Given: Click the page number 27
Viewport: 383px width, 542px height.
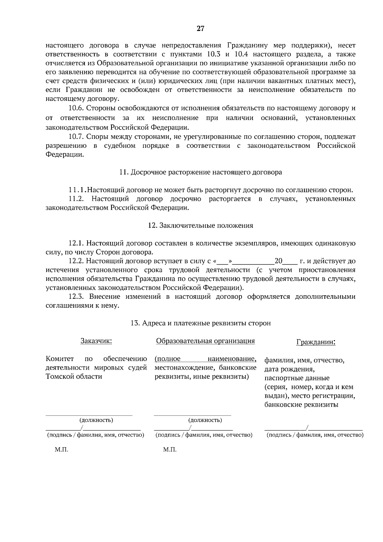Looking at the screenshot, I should click(x=200, y=29).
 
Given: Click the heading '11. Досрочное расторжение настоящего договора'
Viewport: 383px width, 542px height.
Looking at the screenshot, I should click(x=200, y=172).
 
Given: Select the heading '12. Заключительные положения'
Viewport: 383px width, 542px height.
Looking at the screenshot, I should click(x=200, y=226).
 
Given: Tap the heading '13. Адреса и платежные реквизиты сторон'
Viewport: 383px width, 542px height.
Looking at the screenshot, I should click(x=200, y=323).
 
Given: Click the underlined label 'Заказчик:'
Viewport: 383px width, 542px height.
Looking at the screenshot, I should click(x=96, y=341).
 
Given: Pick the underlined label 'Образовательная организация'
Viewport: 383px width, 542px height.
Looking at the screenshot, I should click(x=205, y=341).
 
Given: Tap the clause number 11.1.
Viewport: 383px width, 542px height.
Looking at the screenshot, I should click(x=77, y=190).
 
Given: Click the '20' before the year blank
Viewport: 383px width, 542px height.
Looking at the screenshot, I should click(x=278, y=261).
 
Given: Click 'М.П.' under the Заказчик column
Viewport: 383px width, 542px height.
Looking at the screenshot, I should click(x=61, y=450).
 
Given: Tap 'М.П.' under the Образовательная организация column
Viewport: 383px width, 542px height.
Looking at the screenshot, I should click(x=169, y=450).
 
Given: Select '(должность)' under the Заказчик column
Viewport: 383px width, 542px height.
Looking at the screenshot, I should click(x=96, y=420).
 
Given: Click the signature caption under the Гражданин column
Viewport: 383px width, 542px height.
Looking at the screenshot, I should click(x=315, y=435).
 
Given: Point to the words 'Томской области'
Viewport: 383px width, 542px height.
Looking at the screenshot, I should click(x=74, y=376).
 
